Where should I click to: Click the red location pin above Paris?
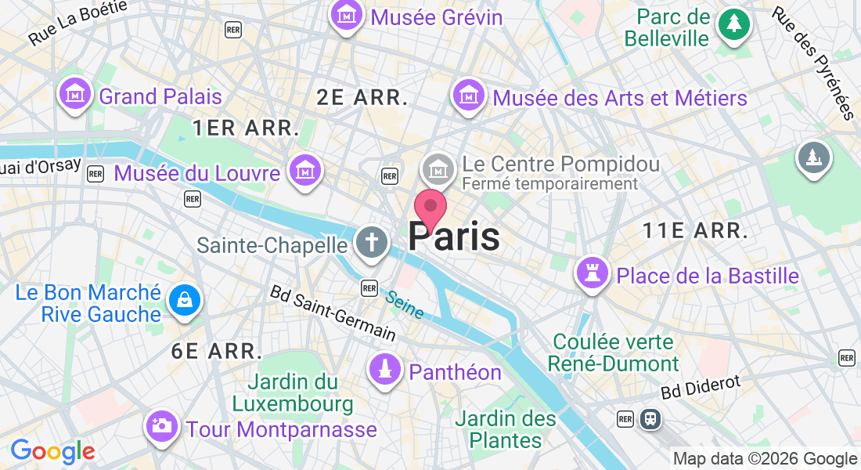pyautogui.click(x=430, y=208)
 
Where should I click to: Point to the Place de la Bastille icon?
pyautogui.click(x=592, y=273)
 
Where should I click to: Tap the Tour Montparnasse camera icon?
pyautogui.click(x=161, y=426)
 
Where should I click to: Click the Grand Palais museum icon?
pyautogui.click(x=74, y=94)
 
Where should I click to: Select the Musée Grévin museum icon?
pyautogui.click(x=345, y=15)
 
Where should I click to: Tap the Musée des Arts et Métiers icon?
pyautogui.click(x=468, y=96)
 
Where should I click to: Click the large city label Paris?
pyautogui.click(x=454, y=237)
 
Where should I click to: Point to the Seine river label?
pyautogui.click(x=405, y=305)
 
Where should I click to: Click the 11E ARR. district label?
pyautogui.click(x=694, y=230)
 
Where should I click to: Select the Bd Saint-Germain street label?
pyautogui.click(x=333, y=312)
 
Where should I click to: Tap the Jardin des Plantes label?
pyautogui.click(x=505, y=429)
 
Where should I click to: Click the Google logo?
pyautogui.click(x=52, y=451)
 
